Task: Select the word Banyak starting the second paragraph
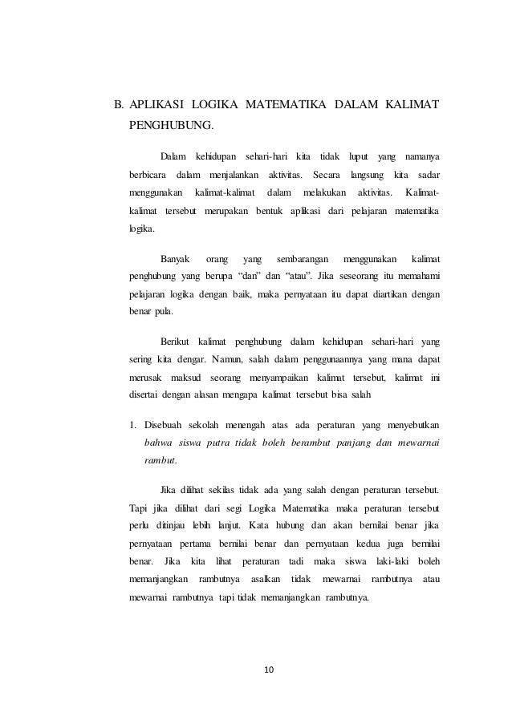tap(176, 259)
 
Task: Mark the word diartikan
tap(391, 295)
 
